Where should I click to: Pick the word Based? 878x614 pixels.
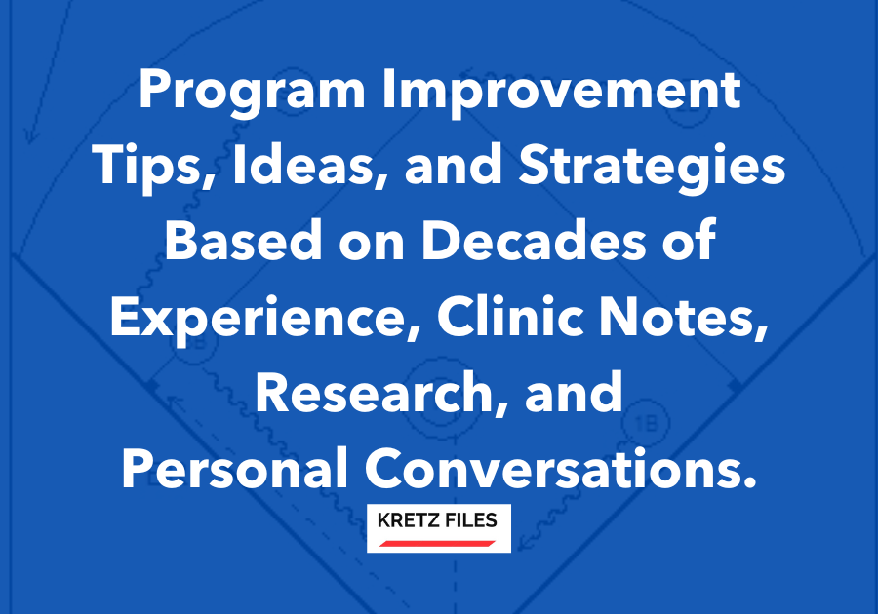coord(243,240)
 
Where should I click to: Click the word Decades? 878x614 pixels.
coord(534,240)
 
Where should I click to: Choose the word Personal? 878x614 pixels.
coord(234,468)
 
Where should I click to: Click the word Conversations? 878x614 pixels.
coord(561,468)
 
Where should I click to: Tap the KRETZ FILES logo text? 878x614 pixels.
coord(437,520)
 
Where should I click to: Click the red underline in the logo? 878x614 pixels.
coord(437,544)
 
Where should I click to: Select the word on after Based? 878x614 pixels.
coord(372,245)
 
